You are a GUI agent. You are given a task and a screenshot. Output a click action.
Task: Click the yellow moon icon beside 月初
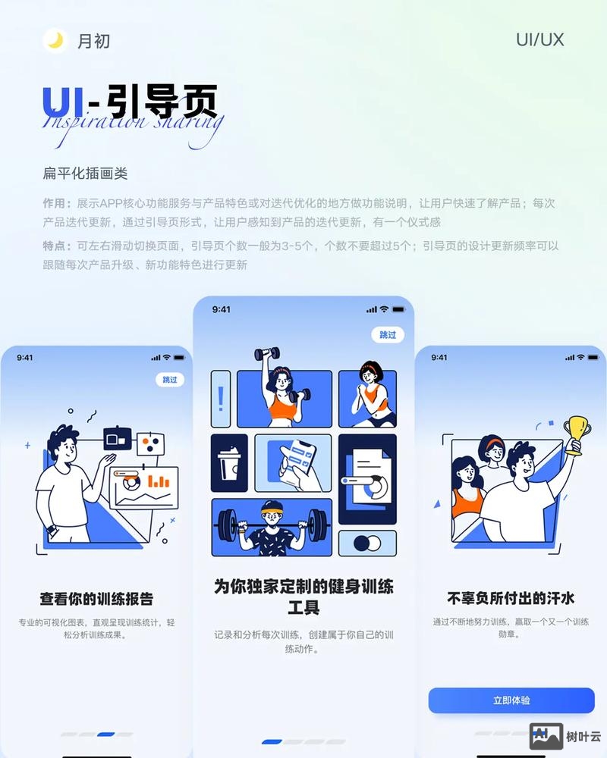coord(55,40)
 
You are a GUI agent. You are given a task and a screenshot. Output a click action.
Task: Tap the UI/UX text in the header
coord(539,40)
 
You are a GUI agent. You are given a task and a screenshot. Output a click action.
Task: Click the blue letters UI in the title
coord(63,102)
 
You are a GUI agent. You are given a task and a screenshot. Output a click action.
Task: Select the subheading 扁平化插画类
coord(85,174)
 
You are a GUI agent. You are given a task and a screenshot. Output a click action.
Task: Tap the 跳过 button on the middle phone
coord(388,334)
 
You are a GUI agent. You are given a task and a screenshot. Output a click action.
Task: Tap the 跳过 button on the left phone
coord(170,379)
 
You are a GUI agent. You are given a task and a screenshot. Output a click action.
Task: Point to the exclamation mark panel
coord(221,398)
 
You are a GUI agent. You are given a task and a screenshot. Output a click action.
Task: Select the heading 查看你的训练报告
coord(96,599)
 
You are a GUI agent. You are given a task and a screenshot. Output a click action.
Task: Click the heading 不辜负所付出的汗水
coord(510,598)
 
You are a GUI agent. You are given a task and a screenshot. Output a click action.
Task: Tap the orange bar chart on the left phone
coord(159,481)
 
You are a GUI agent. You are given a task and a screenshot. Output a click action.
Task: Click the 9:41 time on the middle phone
coord(222,309)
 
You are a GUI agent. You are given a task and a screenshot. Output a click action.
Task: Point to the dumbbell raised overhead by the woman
coord(266,353)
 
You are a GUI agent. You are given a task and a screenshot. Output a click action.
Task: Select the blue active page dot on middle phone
coord(272,741)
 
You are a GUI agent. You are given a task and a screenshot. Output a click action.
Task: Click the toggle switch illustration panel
coord(367,543)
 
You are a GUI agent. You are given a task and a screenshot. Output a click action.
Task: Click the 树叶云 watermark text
coord(583,736)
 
